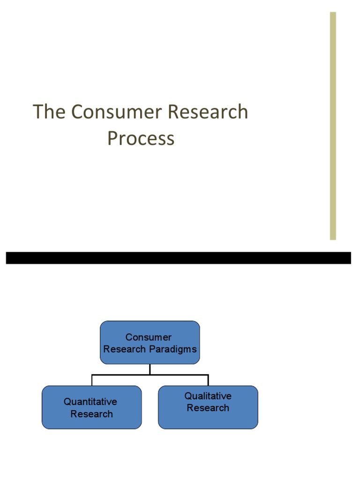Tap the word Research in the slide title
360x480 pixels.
point(208,112)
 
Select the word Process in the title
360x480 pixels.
point(141,139)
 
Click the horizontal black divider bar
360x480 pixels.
point(178,258)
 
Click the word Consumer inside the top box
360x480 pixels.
point(149,337)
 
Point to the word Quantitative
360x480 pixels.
point(90,402)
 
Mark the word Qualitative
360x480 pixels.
point(208,396)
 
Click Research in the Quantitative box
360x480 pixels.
point(92,414)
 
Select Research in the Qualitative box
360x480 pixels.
point(208,408)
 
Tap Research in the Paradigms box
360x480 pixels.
point(125,349)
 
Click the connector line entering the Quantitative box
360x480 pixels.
point(92,380)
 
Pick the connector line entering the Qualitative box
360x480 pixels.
point(208,380)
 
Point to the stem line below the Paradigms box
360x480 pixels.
point(150,369)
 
